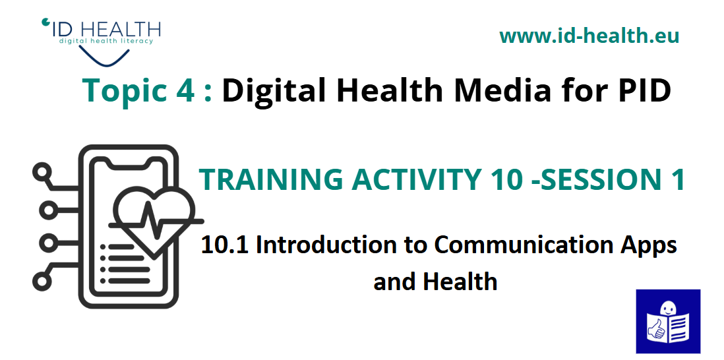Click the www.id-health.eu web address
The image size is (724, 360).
pos(589,36)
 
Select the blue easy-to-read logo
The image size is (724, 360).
pos(668,321)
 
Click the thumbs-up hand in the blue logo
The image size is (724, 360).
pos(655,328)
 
